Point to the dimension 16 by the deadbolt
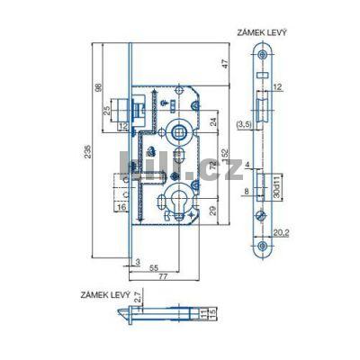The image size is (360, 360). [121, 208]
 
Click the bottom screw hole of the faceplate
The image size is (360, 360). [263, 247]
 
